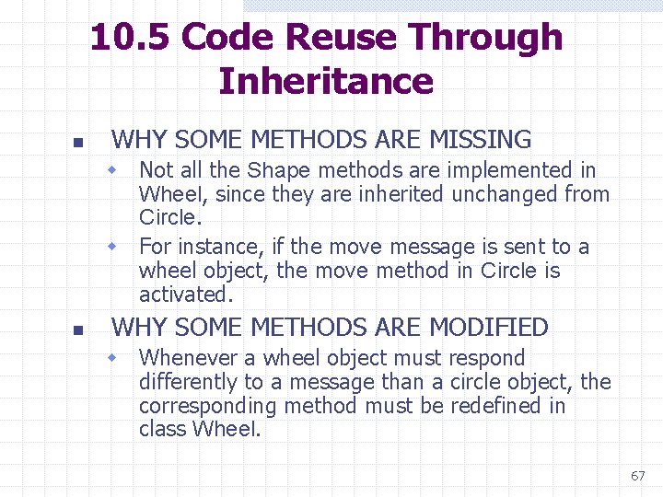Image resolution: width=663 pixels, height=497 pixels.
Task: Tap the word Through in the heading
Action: pos(486,38)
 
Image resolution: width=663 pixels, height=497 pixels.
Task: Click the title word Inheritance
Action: pos(326,81)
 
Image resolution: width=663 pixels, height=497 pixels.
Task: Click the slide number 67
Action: pos(637,476)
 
